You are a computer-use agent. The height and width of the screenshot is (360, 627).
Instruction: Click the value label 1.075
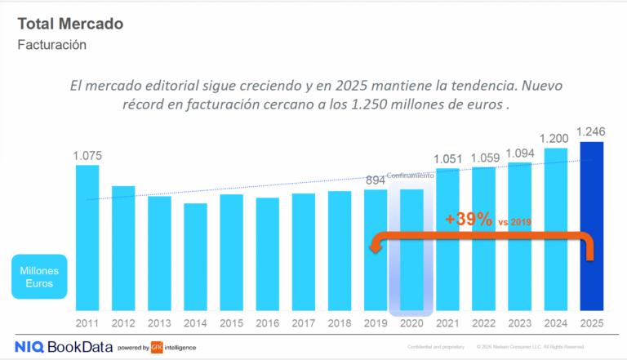[x=87, y=155]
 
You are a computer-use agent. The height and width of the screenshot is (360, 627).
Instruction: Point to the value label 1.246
[x=590, y=132]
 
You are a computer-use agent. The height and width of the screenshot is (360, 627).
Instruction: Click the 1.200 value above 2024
[x=554, y=138]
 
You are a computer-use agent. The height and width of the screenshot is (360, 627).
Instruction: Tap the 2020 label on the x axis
[x=411, y=324]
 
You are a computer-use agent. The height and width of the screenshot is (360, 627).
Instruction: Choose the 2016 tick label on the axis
[x=267, y=324]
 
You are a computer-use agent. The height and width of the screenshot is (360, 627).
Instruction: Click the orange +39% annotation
[x=469, y=219]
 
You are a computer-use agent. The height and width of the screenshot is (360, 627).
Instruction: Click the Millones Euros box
[x=39, y=277]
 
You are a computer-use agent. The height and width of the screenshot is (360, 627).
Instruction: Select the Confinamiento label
[x=411, y=175]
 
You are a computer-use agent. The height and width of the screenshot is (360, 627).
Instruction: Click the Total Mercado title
[x=70, y=24]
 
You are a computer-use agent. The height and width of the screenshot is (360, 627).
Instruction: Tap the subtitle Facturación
[x=51, y=45]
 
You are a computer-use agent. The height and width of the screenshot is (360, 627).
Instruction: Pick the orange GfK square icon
[x=157, y=348]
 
